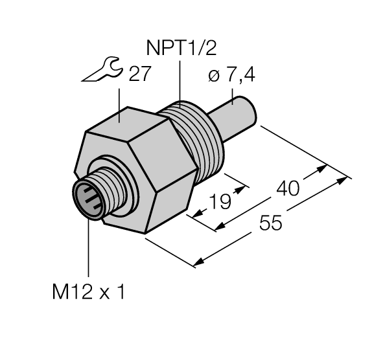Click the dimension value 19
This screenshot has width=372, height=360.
(221, 203)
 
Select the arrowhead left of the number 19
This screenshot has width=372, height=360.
(193, 212)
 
